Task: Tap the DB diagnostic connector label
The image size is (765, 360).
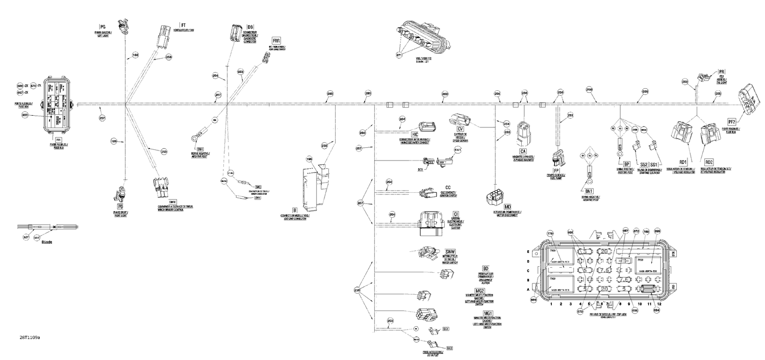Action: click(x=250, y=27)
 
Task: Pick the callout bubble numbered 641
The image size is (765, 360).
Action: click(x=457, y=149)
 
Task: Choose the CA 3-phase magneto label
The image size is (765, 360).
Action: click(x=523, y=151)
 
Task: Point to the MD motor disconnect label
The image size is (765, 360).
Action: click(x=507, y=207)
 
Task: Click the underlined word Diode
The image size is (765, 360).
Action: click(x=47, y=242)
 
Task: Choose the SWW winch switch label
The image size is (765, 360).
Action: click(x=449, y=252)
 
